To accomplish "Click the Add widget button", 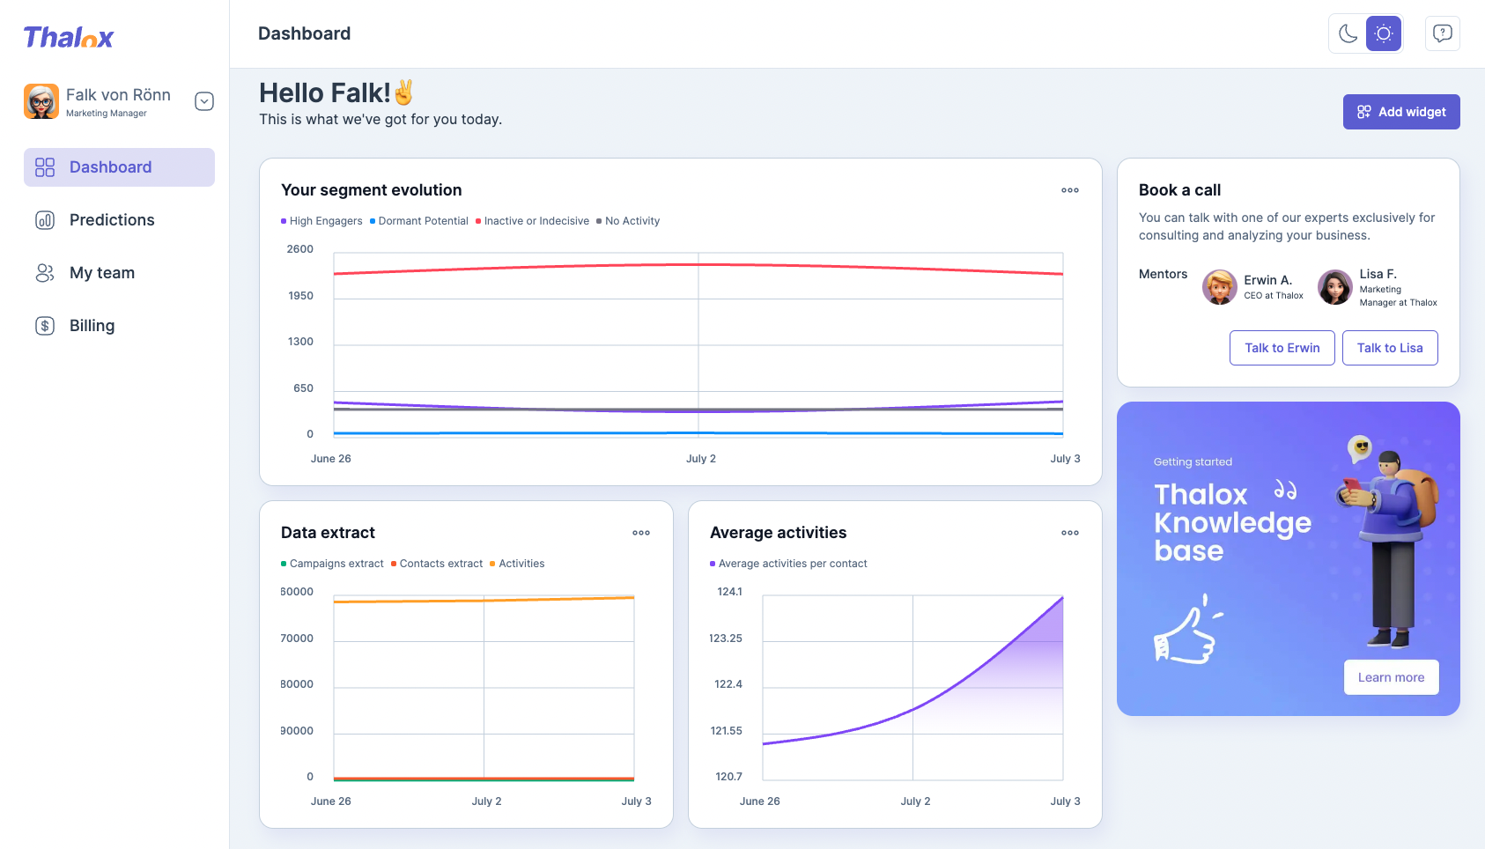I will point(1400,112).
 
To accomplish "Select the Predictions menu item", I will point(111,220).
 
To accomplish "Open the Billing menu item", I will point(92,326).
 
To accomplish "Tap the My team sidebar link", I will point(101,273).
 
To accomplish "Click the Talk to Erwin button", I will point(1282,348).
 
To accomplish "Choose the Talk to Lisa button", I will point(1389,348).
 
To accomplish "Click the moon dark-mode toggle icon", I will point(1348,33).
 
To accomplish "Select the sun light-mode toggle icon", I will point(1384,33).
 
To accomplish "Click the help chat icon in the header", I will point(1442,33).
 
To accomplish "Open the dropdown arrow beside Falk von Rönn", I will point(204,101).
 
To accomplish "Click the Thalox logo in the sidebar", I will point(69,37).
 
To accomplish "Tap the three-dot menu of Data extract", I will point(641,533).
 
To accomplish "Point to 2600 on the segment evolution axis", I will point(300,249).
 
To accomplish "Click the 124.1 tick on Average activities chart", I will point(729,592).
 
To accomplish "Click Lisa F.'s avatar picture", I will point(1334,287).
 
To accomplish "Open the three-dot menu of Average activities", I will point(1070,533).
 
